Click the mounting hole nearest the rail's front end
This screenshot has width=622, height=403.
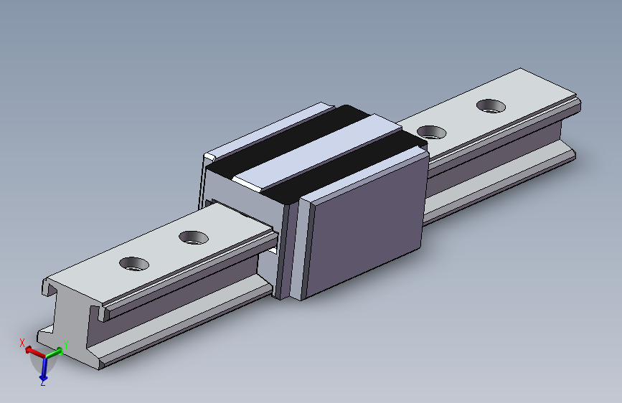point(134,264)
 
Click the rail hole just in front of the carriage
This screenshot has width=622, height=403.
point(192,237)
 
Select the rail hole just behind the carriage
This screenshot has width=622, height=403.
point(430,132)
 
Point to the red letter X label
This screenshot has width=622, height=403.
point(22,343)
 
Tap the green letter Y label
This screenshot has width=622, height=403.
point(66,345)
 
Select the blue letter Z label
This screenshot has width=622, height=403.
point(43,384)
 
